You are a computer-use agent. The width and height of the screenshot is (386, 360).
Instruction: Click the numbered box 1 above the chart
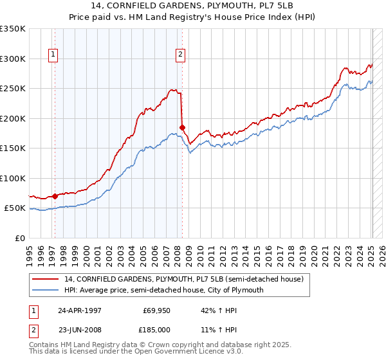point(52,55)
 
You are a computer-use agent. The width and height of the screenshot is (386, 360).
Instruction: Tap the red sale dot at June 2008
point(183,127)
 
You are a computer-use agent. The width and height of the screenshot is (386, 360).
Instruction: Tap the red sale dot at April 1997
point(55,196)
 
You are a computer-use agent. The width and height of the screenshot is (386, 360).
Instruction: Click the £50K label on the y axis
point(15,208)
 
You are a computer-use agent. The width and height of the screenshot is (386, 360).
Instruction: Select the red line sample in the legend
point(46,279)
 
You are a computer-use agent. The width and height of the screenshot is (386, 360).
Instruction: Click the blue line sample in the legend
point(46,290)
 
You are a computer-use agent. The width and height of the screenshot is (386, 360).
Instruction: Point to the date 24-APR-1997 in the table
point(80,309)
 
